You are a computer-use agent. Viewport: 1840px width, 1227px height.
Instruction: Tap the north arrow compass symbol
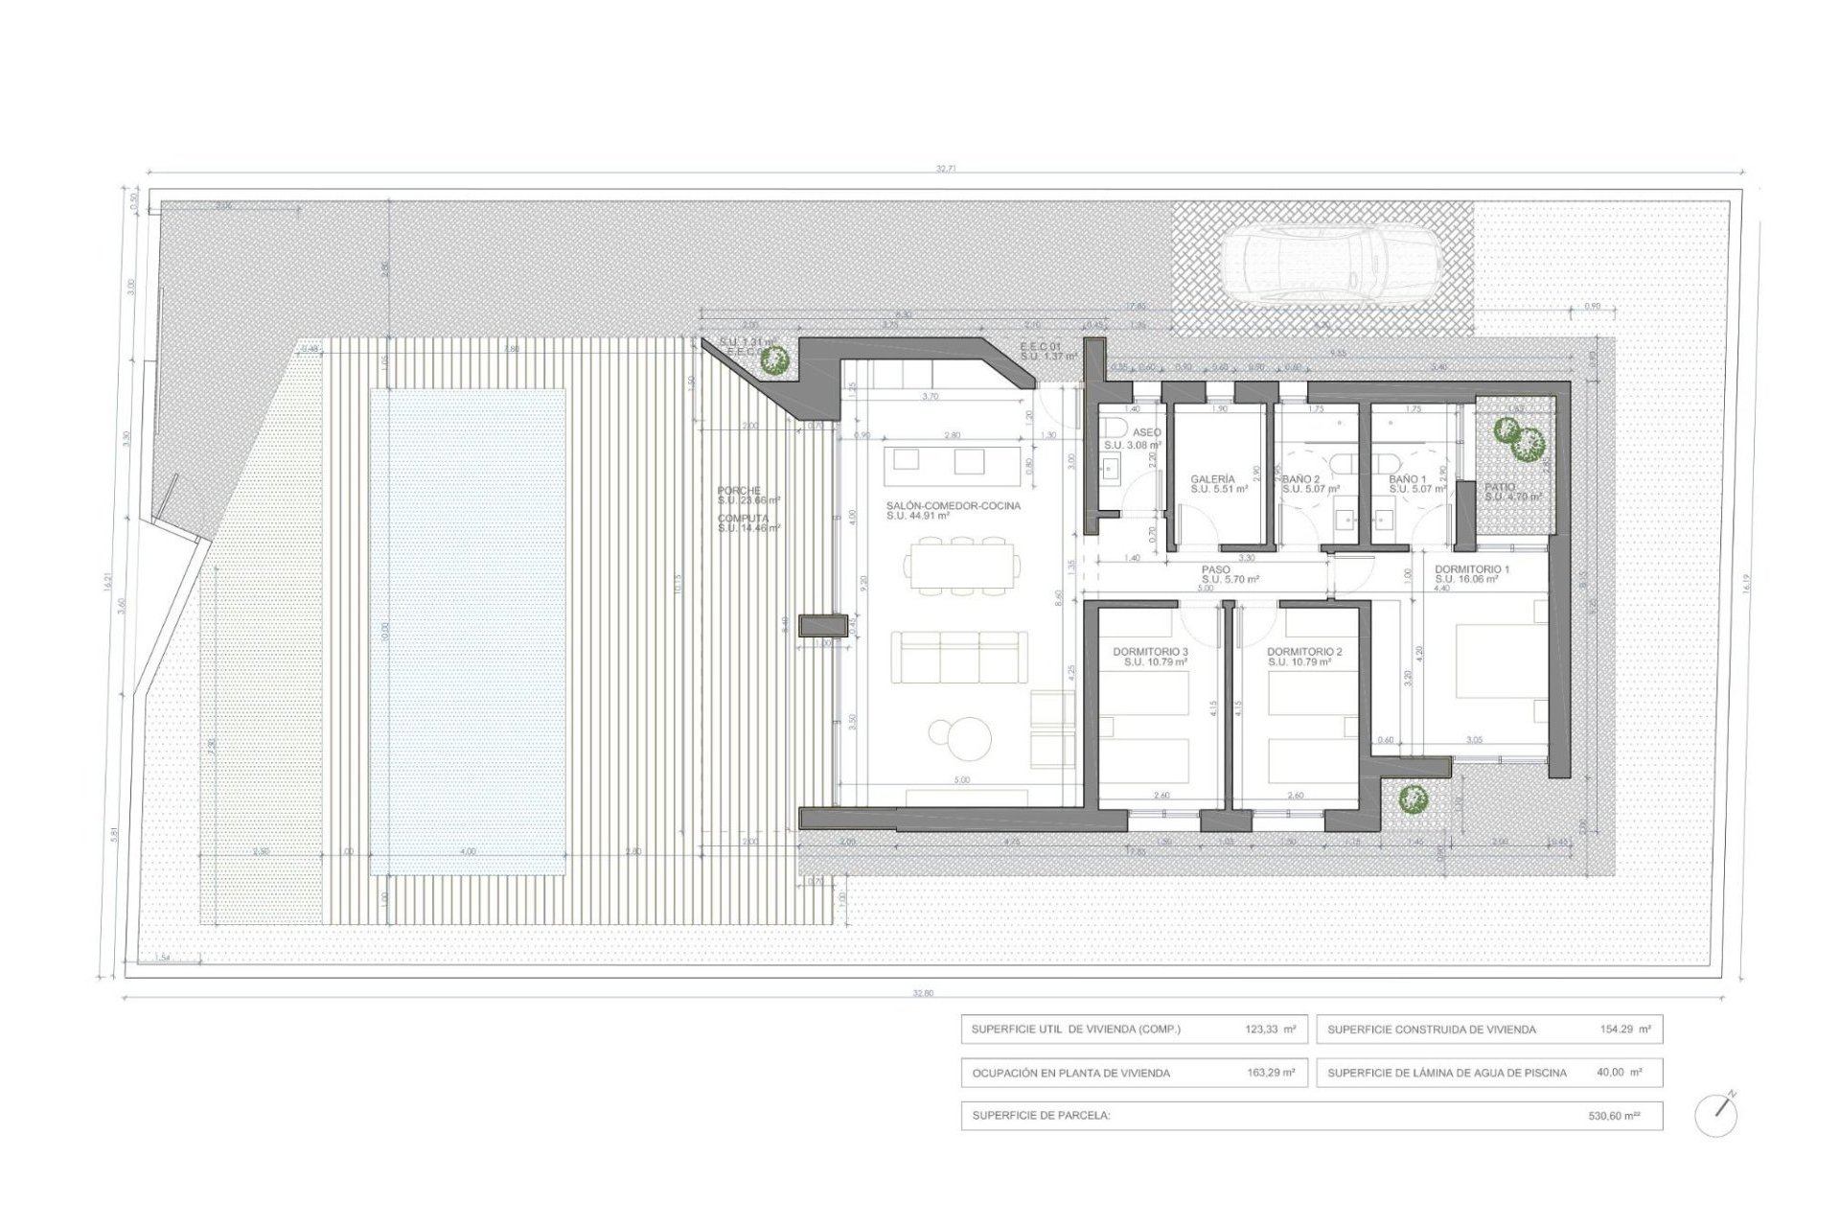pyautogui.click(x=1715, y=1115)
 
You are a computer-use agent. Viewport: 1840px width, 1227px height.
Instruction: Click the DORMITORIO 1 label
pyautogui.click(x=1471, y=569)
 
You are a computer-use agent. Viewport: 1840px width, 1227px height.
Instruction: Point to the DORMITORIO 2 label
pyautogui.click(x=1304, y=652)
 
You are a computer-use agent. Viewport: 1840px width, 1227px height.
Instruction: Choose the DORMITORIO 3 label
pyautogui.click(x=1150, y=652)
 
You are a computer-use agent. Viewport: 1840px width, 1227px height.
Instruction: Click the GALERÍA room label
pyautogui.click(x=1212, y=478)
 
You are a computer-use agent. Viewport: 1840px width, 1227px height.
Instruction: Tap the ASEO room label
pyautogui.click(x=1146, y=432)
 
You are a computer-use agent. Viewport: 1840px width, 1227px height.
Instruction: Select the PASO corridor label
pyautogui.click(x=1216, y=569)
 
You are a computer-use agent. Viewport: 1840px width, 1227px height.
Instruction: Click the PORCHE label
pyautogui.click(x=739, y=490)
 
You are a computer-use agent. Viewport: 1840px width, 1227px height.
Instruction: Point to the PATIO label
pyautogui.click(x=1501, y=487)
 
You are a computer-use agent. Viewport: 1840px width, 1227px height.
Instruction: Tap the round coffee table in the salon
pyautogui.click(x=962, y=734)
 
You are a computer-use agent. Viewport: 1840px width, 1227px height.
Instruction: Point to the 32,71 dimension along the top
pyautogui.click(x=945, y=169)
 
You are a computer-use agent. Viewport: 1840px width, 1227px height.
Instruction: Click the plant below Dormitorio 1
pyautogui.click(x=1412, y=797)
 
